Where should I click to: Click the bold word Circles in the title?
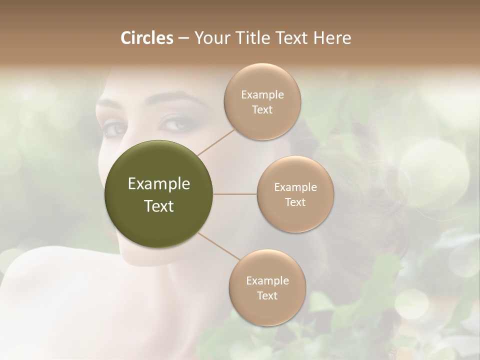(x=147, y=38)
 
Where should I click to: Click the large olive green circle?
(x=158, y=194)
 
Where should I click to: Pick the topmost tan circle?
(x=262, y=101)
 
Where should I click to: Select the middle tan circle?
(x=295, y=194)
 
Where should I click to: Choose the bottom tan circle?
(x=267, y=287)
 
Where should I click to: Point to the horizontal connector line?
(x=234, y=194)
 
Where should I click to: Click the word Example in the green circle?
(x=158, y=184)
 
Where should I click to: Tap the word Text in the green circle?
(x=158, y=206)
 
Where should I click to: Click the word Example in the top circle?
(x=262, y=94)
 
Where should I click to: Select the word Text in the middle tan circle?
(x=295, y=202)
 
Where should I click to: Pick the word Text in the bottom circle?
(x=267, y=295)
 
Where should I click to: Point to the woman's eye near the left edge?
(x=114, y=128)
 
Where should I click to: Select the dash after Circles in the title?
(x=183, y=38)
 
